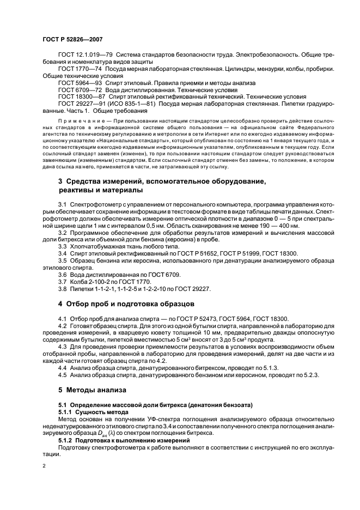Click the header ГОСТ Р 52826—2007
[x=72, y=39]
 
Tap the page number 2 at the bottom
[x=43, y=466]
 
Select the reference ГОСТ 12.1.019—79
[x=82, y=56]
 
